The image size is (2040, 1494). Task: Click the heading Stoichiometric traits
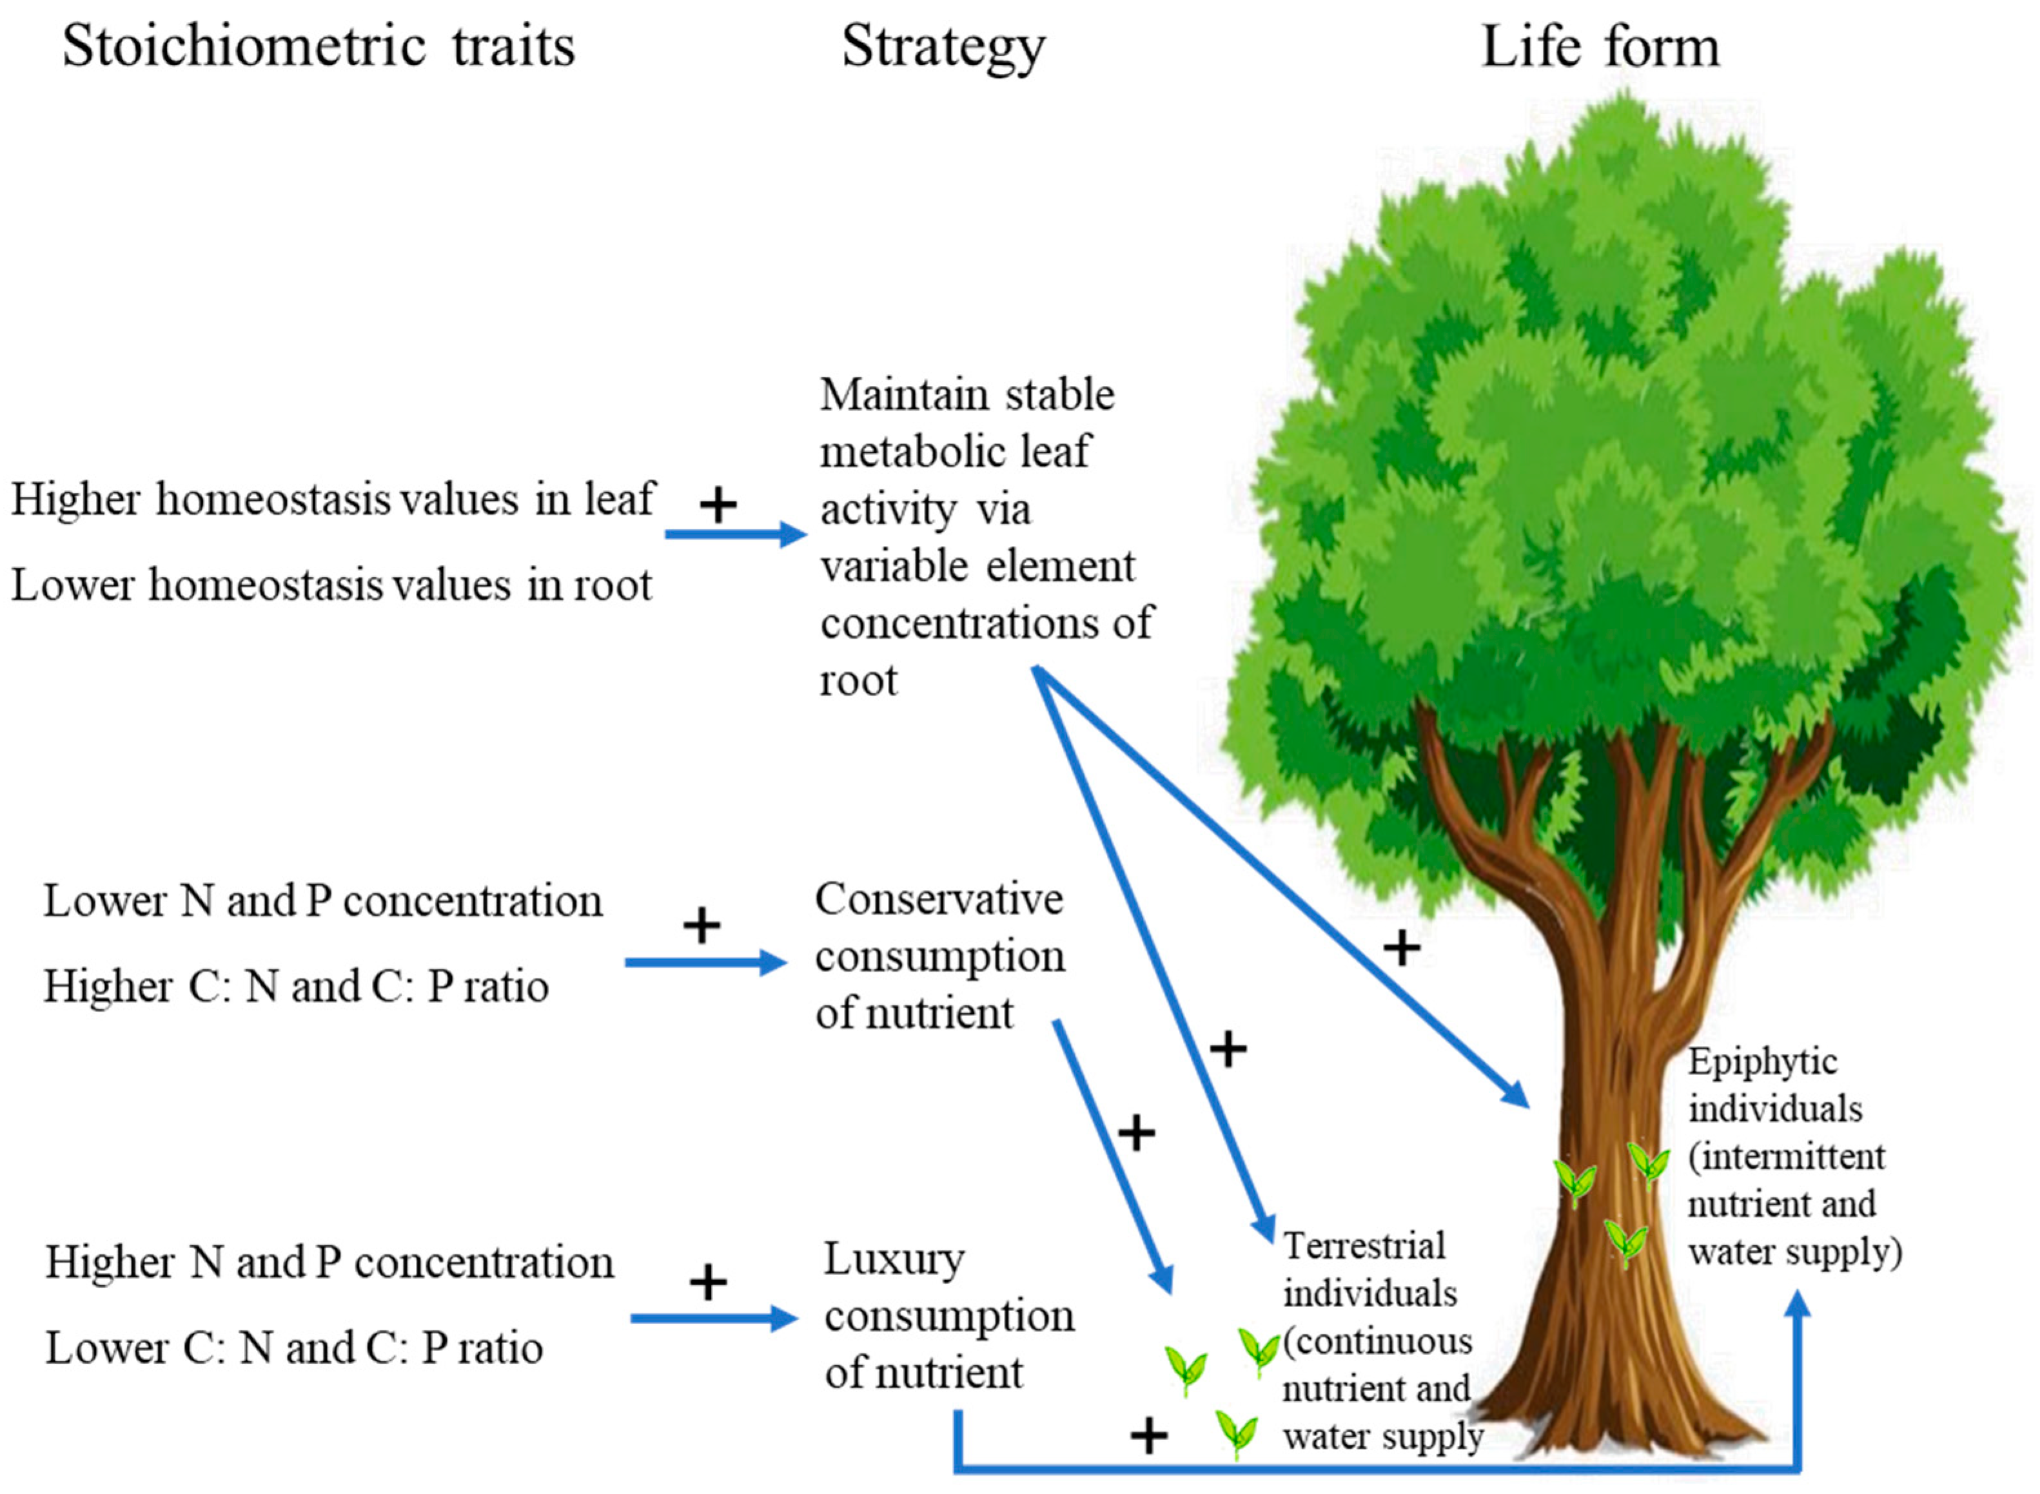[x=319, y=47]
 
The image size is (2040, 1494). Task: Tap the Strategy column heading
[x=943, y=47]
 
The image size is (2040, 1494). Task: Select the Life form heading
[x=1600, y=47]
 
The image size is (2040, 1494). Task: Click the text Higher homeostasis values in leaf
[x=332, y=500]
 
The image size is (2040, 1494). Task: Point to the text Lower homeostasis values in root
[x=331, y=585]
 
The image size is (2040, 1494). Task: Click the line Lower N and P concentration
[x=323, y=902]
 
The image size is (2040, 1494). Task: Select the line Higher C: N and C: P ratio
[x=296, y=987]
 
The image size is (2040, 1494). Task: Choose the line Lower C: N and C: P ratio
[x=294, y=1348]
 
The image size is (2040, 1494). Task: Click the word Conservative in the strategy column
[x=938, y=899]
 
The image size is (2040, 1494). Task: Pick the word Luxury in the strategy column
[x=894, y=1260]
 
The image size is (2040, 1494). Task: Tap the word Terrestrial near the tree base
[x=1363, y=1247]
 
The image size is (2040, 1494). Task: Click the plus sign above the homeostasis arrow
[x=718, y=505]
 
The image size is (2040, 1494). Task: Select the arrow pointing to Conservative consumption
[x=705, y=962]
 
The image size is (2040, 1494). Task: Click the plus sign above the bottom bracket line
[x=1149, y=1435]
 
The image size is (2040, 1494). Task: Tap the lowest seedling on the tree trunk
[x=1625, y=1243]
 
